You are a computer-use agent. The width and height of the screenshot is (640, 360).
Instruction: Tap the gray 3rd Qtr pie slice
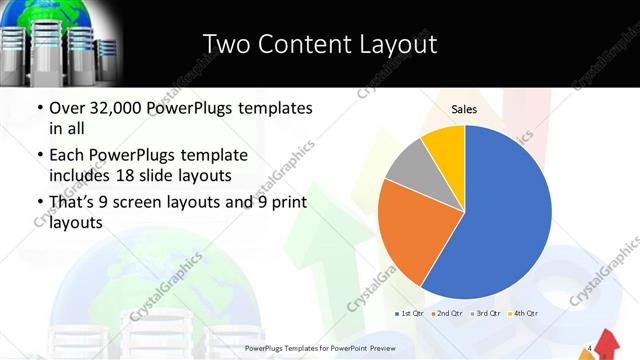pyautogui.click(x=408, y=165)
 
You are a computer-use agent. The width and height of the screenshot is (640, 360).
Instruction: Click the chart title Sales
pyautogui.click(x=464, y=108)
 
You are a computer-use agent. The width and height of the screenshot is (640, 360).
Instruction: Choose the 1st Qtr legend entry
pyautogui.click(x=411, y=314)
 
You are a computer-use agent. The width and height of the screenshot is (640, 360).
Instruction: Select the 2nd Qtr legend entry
pyautogui.click(x=448, y=314)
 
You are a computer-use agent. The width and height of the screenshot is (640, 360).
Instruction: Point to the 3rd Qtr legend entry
pyautogui.click(x=486, y=314)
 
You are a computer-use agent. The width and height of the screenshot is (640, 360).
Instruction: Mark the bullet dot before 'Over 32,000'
pyautogui.click(x=39, y=108)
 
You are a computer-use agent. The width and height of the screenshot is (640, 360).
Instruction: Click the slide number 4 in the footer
pyautogui.click(x=592, y=348)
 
